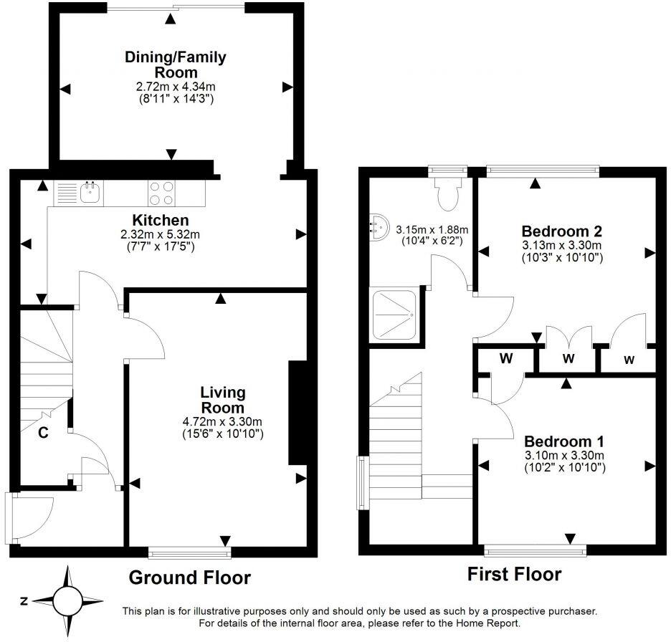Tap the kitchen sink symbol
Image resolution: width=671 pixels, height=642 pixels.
(90, 191)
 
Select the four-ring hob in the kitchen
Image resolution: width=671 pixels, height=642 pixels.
(162, 193)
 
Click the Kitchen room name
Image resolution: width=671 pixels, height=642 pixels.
(160, 220)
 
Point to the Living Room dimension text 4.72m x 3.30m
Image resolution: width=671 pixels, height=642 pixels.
(222, 421)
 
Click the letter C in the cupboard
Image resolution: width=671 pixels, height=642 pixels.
(43, 432)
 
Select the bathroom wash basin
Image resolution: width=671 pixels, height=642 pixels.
(378, 226)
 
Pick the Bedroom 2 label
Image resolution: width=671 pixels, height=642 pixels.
(561, 231)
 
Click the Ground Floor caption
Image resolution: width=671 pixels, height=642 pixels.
(189, 577)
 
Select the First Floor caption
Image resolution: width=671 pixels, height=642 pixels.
(514, 574)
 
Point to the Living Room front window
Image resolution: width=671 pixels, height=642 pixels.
(190, 552)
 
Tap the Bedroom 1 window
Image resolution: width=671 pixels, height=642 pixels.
(535, 550)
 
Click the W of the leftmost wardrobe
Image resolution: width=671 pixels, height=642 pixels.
(505, 358)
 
